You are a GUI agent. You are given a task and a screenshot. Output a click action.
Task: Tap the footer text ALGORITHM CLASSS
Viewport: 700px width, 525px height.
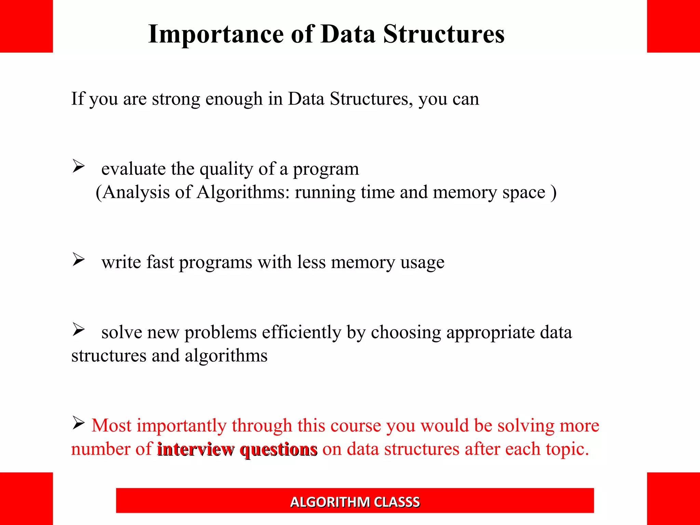(355, 502)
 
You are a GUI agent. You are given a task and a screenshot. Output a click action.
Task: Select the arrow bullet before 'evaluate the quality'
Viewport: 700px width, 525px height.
(78, 166)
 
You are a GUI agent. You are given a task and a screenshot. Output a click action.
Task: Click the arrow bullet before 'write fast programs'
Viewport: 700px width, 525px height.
(78, 260)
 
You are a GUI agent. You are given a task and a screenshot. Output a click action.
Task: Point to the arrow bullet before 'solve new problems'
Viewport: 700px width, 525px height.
(78, 330)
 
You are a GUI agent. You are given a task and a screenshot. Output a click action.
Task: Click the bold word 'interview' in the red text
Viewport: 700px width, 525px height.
(196, 449)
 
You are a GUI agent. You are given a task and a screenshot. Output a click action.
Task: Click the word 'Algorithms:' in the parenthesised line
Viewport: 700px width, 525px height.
(243, 192)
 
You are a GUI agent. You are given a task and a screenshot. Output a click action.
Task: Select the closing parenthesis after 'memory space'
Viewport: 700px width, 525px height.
(553, 192)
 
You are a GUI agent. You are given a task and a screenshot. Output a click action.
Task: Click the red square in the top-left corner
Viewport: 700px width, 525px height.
(26, 26)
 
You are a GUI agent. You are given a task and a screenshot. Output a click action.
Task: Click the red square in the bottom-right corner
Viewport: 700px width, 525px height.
(673, 498)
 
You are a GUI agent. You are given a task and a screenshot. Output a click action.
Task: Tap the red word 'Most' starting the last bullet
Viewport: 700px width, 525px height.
(111, 426)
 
